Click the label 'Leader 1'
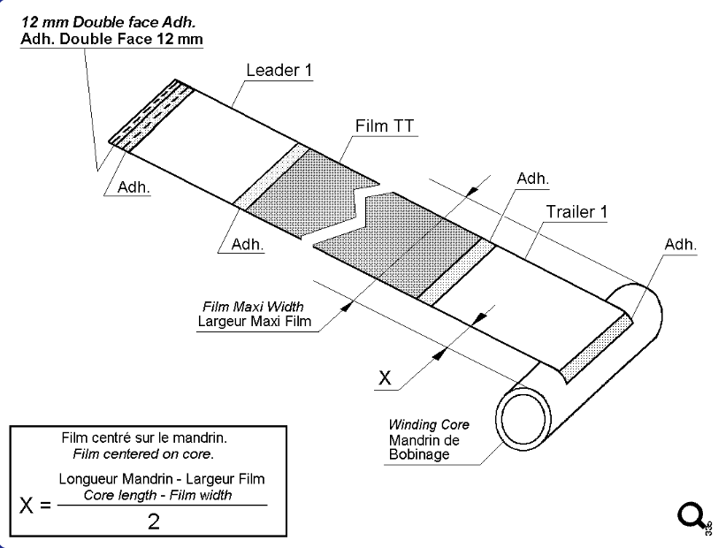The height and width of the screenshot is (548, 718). pos(279,70)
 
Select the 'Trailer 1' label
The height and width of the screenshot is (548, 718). pos(576,212)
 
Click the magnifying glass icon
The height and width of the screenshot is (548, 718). pos(692,515)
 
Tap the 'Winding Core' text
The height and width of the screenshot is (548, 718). pos(432,425)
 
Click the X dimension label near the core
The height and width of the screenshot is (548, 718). pos(384,378)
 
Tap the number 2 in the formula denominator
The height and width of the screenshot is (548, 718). pos(154,521)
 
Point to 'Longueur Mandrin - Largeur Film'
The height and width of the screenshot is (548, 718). pos(162,479)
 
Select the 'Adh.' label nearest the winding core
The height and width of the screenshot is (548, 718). pos(681,244)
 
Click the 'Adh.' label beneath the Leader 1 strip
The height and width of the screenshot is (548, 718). pos(133,188)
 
